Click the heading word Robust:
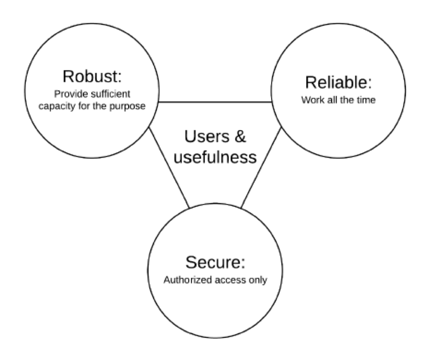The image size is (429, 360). coord(91,76)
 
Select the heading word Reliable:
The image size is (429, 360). coord(338,83)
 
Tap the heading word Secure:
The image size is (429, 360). coord(215,262)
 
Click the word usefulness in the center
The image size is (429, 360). coord(215,157)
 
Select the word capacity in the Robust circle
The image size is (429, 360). coord(57,107)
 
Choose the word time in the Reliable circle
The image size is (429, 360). coord(367,100)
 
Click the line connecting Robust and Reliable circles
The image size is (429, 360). coord(215,102)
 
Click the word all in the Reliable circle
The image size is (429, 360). coord(332,100)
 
